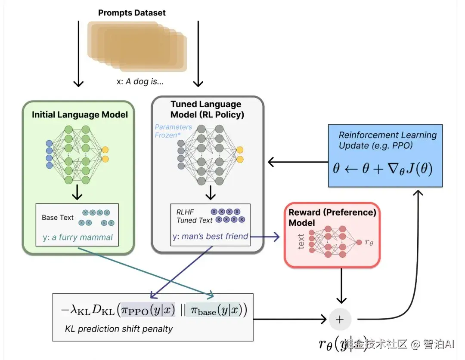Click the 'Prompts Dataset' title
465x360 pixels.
[x=132, y=12]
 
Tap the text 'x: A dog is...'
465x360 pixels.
[x=137, y=81]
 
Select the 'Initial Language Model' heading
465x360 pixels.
[x=80, y=115]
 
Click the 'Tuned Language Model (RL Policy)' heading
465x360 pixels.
[x=207, y=109]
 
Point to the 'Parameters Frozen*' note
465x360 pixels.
[x=173, y=131]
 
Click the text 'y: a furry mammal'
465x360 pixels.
[x=77, y=237]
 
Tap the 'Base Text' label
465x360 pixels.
[x=58, y=218]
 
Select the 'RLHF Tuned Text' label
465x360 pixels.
[x=194, y=216]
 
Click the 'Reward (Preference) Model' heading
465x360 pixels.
[x=332, y=217]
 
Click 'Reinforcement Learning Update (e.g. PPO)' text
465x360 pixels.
[x=387, y=140]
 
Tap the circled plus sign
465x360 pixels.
[x=340, y=319]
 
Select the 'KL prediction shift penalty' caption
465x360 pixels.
[x=118, y=329]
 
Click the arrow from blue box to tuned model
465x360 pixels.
[x=298, y=162]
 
